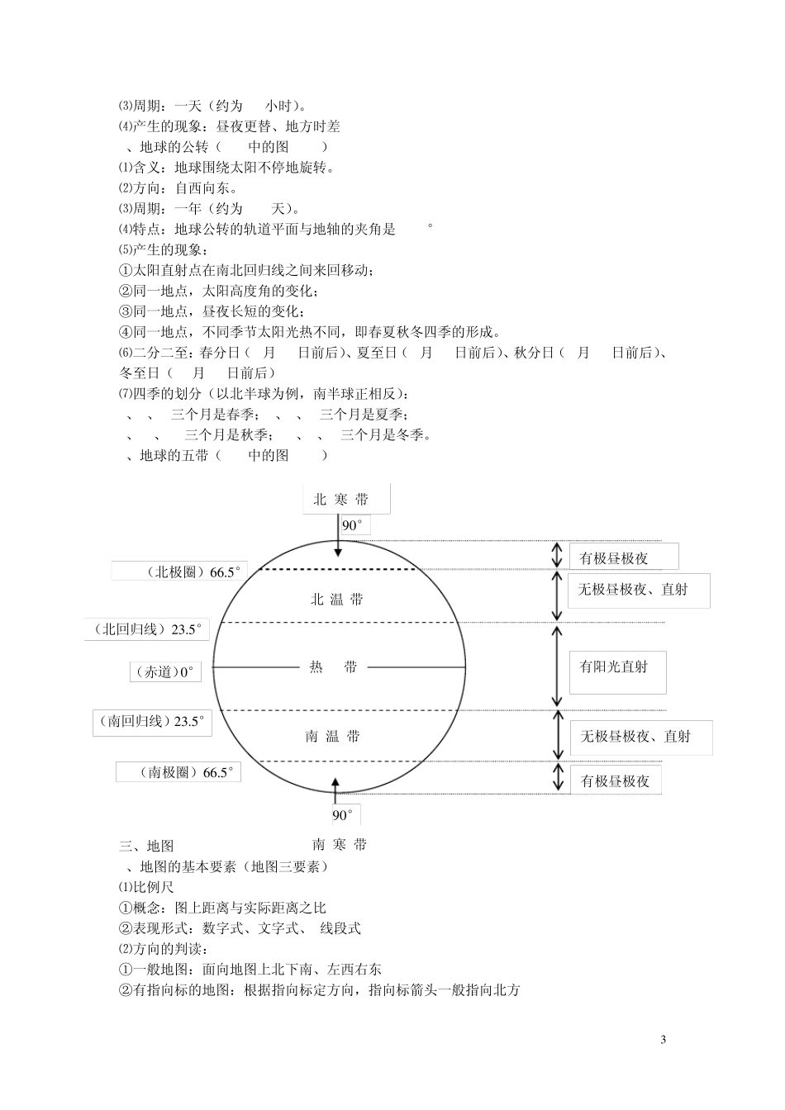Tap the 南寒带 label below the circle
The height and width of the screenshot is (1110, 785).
point(339,844)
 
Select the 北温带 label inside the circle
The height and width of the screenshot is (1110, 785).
point(336,600)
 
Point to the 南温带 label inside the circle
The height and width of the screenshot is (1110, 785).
point(332,736)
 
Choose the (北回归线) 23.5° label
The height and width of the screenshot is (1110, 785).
point(147,629)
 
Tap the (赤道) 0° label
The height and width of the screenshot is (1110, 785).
point(164,672)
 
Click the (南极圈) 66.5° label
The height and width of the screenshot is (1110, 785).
point(179,773)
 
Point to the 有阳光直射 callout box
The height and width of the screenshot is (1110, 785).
point(617,667)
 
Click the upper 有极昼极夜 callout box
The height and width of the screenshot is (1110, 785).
point(623,557)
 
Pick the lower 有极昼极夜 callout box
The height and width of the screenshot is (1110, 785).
point(616,780)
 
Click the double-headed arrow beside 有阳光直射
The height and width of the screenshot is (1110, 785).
point(557,666)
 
